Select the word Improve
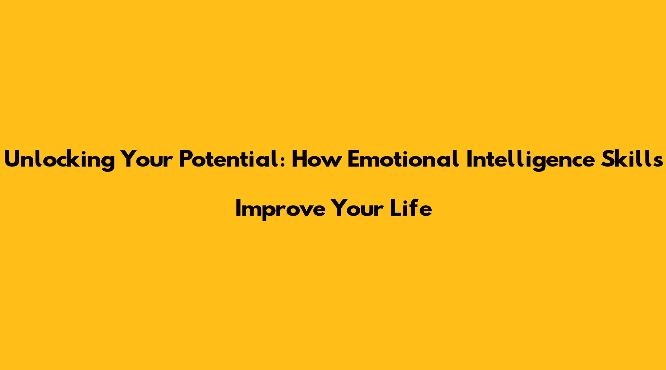pyautogui.click(x=280, y=210)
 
